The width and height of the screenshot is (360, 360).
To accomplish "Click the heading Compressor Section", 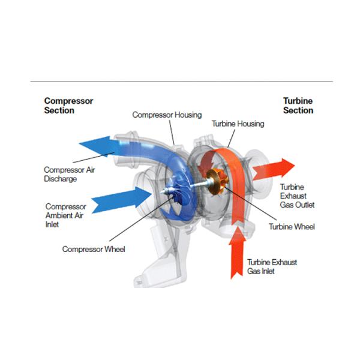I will [x=68, y=106].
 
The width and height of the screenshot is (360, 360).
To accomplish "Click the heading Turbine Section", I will [x=298, y=106].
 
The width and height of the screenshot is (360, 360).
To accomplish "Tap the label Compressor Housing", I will [x=167, y=115].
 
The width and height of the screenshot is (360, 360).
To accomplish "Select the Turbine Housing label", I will [x=238, y=124].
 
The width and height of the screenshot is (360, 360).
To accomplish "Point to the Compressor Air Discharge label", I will [x=69, y=174].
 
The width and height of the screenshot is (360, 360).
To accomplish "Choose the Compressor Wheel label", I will [x=94, y=249].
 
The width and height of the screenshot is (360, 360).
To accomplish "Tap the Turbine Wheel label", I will [x=292, y=227].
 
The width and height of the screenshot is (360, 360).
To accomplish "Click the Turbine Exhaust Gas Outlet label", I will [x=297, y=196].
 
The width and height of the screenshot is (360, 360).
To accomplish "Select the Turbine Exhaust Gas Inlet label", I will [x=272, y=267].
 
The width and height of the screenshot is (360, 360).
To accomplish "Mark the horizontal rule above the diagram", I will [x=180, y=81].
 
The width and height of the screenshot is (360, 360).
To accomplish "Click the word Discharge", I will [x=61, y=179].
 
